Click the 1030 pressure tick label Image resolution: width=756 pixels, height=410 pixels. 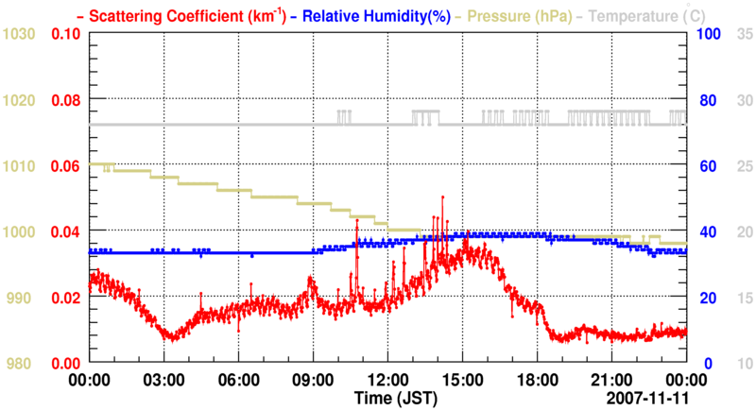click(20, 34)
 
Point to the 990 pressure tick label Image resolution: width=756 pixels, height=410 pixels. click(20, 298)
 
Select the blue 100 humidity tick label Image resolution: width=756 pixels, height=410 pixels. click(708, 34)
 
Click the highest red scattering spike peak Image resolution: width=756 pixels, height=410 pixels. click(441, 197)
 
